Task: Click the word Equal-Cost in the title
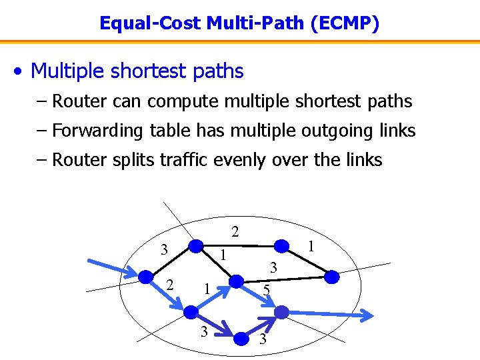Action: [x=150, y=24]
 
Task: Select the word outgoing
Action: [x=345, y=131]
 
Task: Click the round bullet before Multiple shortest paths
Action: [x=21, y=71]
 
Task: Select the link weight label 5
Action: [x=265, y=290]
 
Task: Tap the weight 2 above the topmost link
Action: [x=235, y=232]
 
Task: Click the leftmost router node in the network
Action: [x=145, y=276]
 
